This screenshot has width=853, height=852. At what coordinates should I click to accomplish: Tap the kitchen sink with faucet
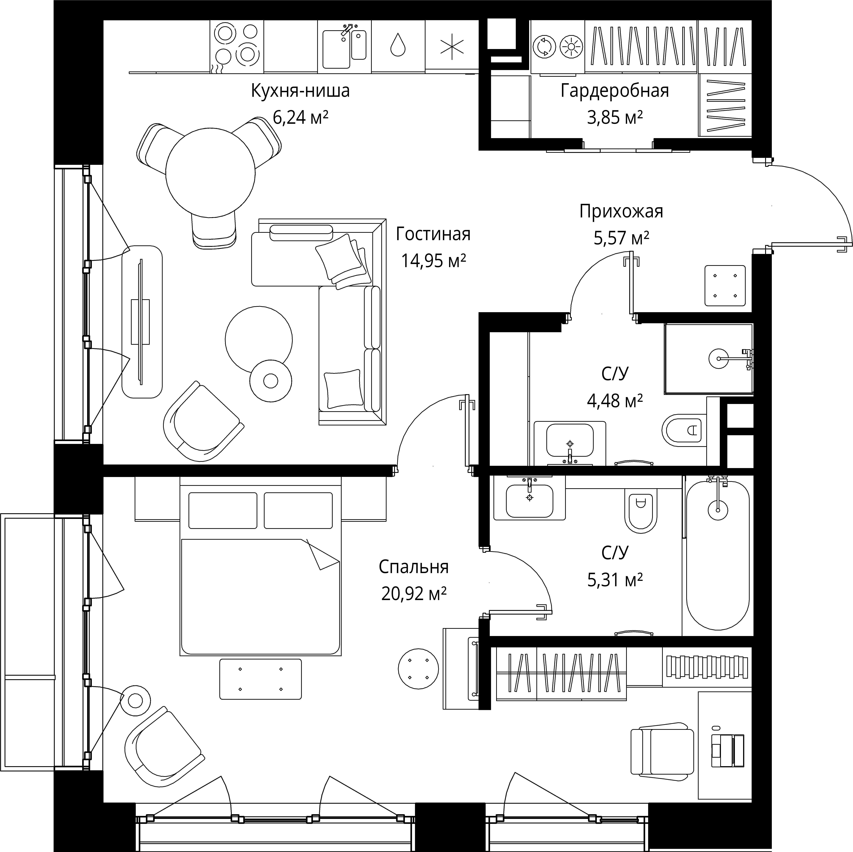click(344, 48)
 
